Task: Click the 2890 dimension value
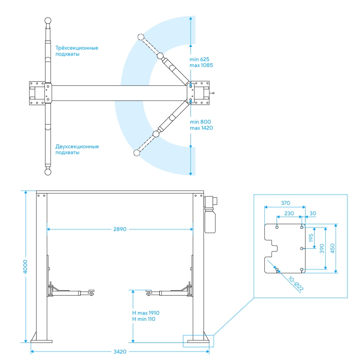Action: point(120,229)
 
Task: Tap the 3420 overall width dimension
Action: point(120,352)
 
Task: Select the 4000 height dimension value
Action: point(25,267)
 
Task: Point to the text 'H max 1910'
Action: point(146,313)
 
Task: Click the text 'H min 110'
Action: point(143,319)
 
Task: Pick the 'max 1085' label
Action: point(201,65)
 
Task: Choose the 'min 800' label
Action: point(200,122)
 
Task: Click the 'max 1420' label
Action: point(201,128)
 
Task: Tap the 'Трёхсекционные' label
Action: point(77,48)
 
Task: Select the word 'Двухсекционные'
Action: point(77,147)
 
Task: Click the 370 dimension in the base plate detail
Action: point(286,203)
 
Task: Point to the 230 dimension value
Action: point(289,213)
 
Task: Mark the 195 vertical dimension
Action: point(311,238)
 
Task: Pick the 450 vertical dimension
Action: point(333,249)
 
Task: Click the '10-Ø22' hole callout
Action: point(296,283)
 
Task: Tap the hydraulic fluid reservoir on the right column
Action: point(210,221)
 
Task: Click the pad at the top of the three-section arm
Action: point(48,20)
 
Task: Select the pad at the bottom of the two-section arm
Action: point(48,172)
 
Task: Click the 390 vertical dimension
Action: point(322,249)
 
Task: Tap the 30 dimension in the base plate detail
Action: point(313,213)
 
